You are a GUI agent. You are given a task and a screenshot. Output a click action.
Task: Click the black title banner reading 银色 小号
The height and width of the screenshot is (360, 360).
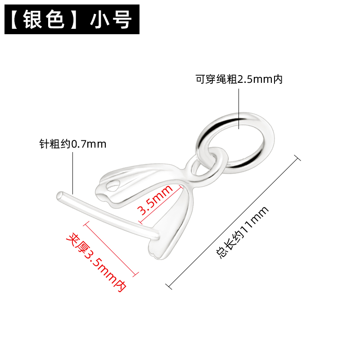pyautogui.click(x=72, y=20)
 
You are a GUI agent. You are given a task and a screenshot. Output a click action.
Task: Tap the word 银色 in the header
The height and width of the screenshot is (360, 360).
pyautogui.click(x=47, y=20)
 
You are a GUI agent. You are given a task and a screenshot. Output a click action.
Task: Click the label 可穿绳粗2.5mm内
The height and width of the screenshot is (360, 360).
pyautogui.click(x=239, y=80)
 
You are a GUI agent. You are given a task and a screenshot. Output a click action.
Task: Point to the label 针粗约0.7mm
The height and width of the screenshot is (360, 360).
pyautogui.click(x=73, y=144)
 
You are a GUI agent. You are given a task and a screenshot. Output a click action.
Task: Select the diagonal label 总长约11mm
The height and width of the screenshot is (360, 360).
pyautogui.click(x=243, y=232)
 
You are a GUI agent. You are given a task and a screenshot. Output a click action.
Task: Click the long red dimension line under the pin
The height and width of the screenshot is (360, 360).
pyautogui.click(x=110, y=248)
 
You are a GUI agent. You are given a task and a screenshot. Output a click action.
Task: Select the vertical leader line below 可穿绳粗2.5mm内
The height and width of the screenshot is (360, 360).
pyautogui.click(x=239, y=107)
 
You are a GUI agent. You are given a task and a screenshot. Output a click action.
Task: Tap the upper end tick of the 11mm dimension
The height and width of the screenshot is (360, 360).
pyautogui.click(x=297, y=157)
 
